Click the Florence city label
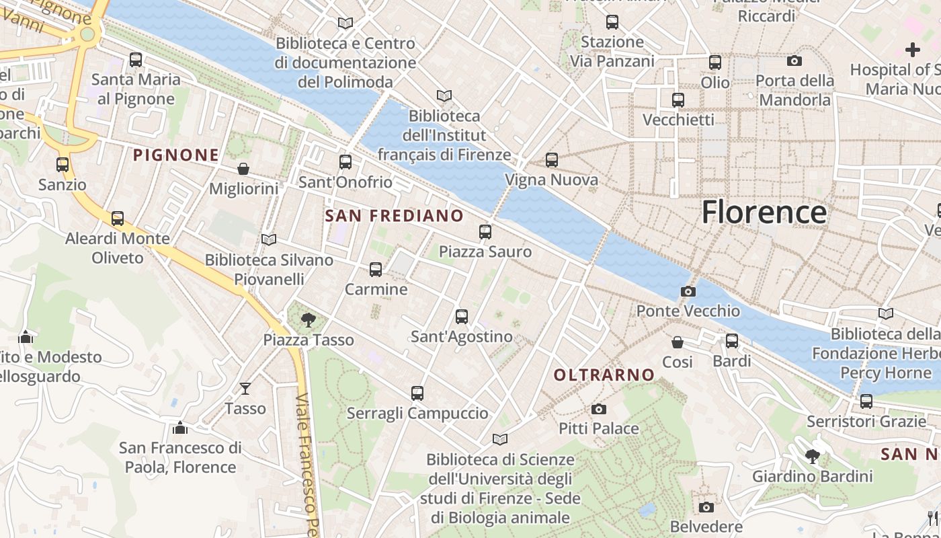764,212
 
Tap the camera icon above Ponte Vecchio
688,291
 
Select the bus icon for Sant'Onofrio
345,162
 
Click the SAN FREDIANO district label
394,216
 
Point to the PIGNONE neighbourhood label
176,155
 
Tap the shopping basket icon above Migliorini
243,169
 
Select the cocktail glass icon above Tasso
245,389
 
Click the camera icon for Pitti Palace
598,409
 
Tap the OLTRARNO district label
604,375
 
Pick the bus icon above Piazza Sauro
485,232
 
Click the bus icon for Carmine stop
376,270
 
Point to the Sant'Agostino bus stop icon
461,317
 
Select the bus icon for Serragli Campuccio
417,393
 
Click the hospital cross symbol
912,50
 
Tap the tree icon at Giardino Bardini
812,457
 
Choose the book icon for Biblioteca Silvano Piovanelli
269,239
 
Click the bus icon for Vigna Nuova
551,160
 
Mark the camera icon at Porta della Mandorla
794,61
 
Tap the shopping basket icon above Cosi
677,342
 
